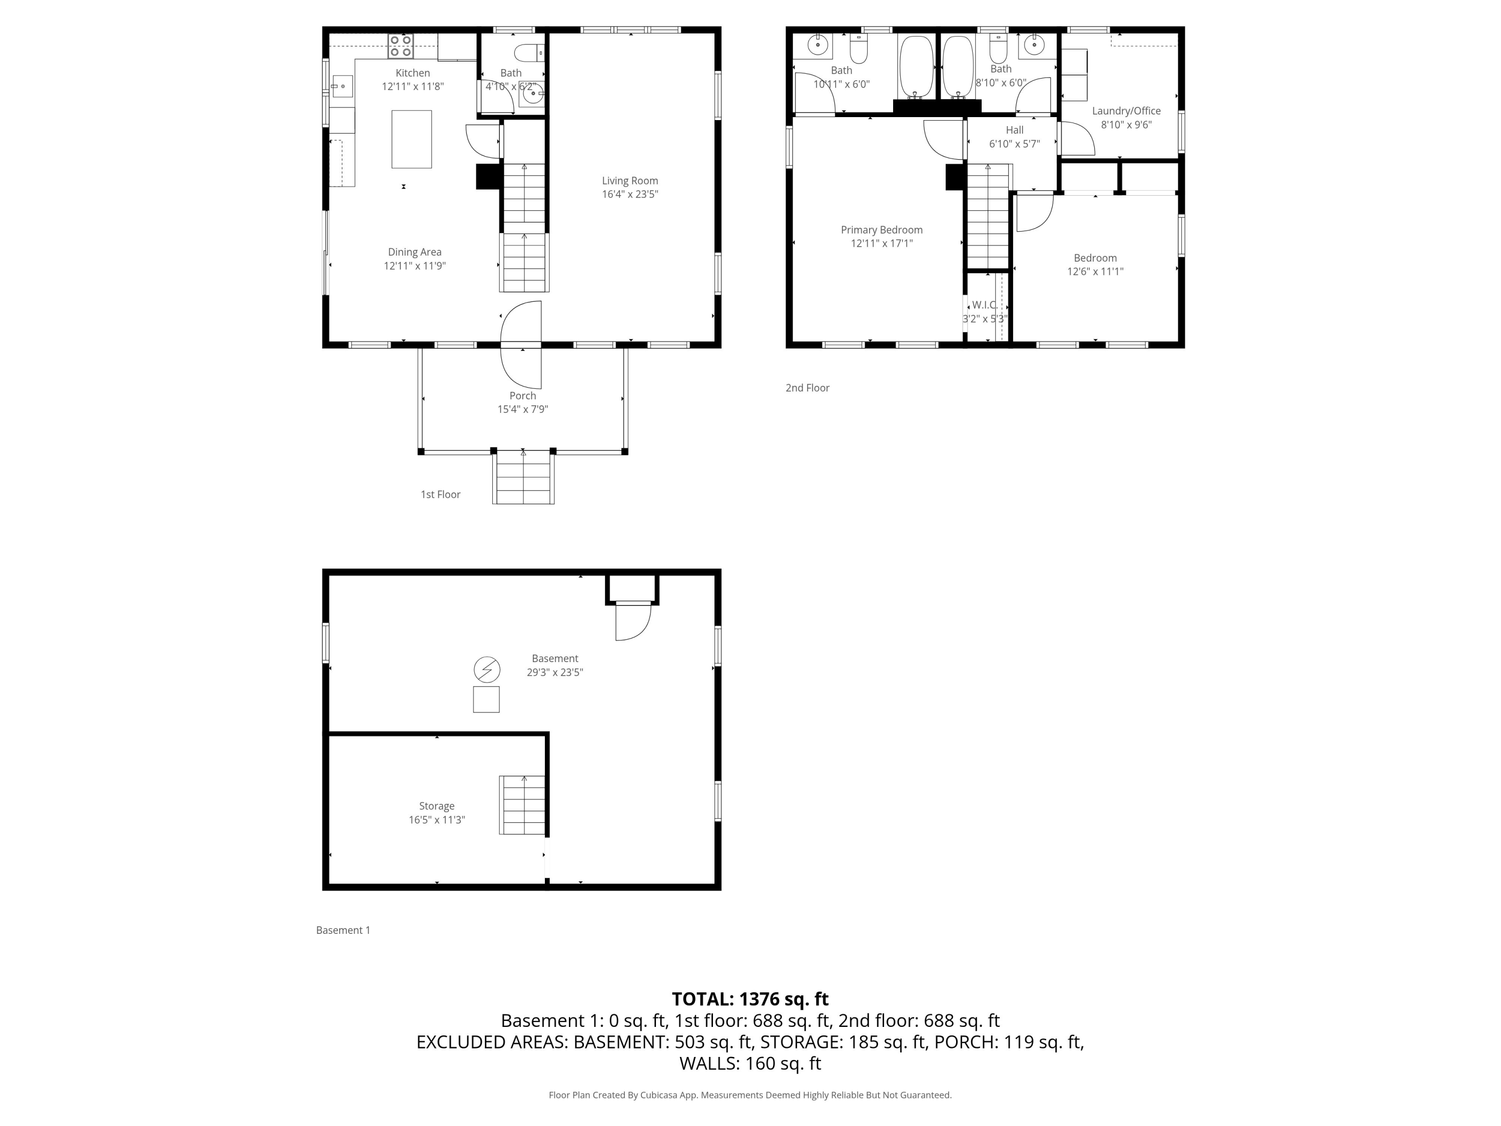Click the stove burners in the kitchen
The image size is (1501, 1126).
pyautogui.click(x=400, y=46)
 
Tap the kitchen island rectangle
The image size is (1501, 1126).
pyautogui.click(x=411, y=139)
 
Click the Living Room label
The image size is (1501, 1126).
pyautogui.click(x=630, y=181)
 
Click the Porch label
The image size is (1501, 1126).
pyautogui.click(x=522, y=396)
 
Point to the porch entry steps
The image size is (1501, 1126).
pyautogui.click(x=523, y=478)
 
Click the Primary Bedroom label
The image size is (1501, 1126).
pyautogui.click(x=882, y=230)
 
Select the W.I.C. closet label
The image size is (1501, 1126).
pyautogui.click(x=985, y=305)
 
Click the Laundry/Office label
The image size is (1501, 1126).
pyautogui.click(x=1126, y=111)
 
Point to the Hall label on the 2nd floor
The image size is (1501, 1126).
pyautogui.click(x=1015, y=130)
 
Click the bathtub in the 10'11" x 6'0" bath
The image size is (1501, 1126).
pyautogui.click(x=916, y=67)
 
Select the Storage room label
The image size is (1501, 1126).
pyautogui.click(x=436, y=806)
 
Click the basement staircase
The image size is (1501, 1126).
pyautogui.click(x=522, y=805)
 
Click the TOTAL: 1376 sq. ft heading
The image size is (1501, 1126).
pyautogui.click(x=750, y=999)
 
